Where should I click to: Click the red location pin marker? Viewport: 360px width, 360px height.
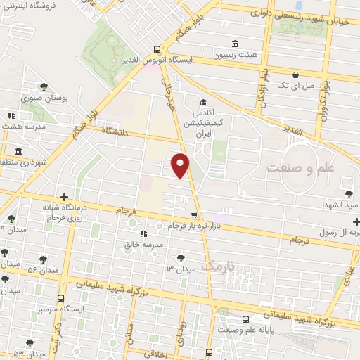click(x=180, y=165)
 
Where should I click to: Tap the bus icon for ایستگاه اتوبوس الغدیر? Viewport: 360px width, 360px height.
click(x=157, y=49)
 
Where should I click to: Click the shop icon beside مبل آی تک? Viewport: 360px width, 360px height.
click(x=296, y=75)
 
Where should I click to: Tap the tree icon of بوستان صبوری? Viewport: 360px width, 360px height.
click(x=44, y=86)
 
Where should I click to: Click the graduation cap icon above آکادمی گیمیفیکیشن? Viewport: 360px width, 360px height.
click(x=202, y=101)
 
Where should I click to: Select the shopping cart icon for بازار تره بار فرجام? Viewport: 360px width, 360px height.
click(x=194, y=214)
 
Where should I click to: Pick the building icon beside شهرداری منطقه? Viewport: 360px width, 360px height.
click(x=17, y=151)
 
